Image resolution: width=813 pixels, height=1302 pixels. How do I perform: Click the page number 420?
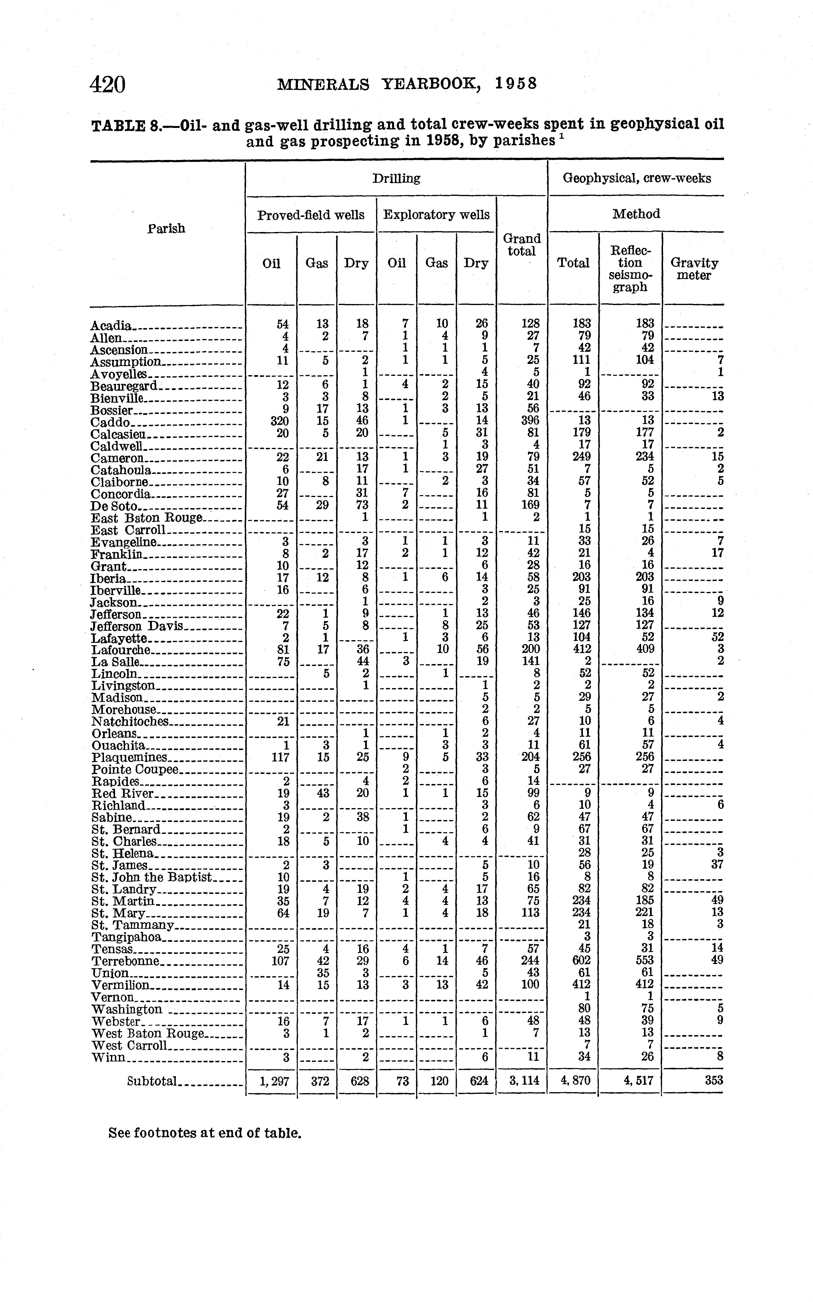(108, 85)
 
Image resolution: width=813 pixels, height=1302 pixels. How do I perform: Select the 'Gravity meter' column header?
(694, 269)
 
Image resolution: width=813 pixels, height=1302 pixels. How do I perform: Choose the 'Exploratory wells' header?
(436, 215)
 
